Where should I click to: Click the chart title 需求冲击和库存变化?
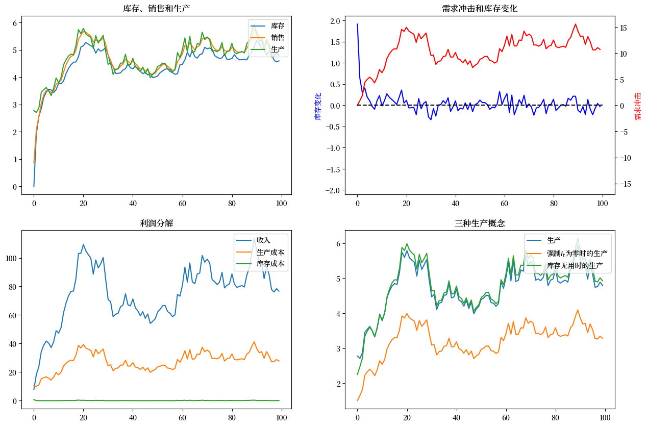480,9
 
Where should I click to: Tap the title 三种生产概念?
480,223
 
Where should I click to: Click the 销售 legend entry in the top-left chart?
278,38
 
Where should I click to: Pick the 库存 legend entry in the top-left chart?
278,26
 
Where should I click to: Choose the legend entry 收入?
263,240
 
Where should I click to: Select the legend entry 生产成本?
270,252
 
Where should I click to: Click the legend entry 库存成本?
270,264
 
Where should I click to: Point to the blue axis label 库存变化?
318,106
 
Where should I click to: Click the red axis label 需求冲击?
638,106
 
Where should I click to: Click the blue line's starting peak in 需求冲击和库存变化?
357,24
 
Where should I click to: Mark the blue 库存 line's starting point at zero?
34,186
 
